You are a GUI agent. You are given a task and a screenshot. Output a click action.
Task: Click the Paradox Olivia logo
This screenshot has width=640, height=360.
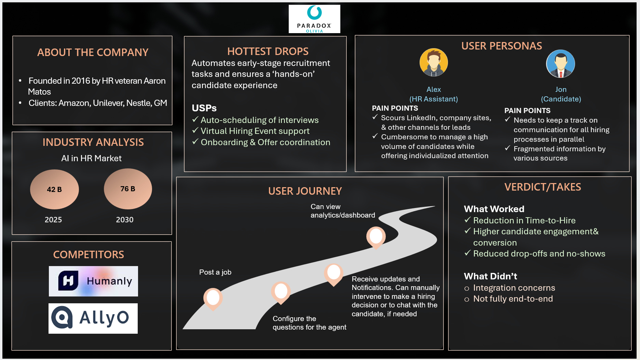(314, 19)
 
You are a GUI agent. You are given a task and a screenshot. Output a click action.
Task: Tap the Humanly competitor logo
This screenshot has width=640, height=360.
(93, 281)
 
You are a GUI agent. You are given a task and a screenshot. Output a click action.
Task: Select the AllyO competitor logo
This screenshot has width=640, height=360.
(93, 318)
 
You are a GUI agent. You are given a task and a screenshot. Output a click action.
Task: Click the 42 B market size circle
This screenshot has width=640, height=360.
(54, 189)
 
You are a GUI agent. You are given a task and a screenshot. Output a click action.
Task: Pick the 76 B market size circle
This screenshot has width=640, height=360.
(128, 189)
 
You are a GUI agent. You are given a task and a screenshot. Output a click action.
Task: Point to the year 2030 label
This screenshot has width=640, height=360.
(124, 220)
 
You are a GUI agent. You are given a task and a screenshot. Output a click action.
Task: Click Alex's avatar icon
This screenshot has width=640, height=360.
(434, 63)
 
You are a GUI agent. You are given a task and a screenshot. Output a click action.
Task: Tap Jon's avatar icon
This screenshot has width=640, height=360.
(560, 64)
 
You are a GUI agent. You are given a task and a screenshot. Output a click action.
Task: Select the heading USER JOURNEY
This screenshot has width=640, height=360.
(305, 191)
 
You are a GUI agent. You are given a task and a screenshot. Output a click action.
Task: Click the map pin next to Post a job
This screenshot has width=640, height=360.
(213, 298)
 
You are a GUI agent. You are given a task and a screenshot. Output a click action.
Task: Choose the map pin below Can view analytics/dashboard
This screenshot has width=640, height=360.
(376, 237)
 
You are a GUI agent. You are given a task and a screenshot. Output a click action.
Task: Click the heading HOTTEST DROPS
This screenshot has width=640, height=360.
(268, 51)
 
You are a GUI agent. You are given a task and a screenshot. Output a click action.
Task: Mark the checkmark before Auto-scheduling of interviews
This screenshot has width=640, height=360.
(195, 120)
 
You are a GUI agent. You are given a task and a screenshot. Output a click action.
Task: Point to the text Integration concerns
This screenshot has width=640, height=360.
(514, 288)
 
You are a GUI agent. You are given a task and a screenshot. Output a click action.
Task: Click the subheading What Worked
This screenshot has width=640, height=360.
(494, 209)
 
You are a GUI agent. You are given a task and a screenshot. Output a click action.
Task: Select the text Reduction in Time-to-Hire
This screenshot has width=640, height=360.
(524, 220)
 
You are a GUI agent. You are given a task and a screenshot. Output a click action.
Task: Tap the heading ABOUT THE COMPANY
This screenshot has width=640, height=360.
(93, 52)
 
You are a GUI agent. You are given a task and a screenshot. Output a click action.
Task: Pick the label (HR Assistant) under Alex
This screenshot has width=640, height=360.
(433, 99)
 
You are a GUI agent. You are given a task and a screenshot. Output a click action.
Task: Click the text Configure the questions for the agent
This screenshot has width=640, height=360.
(309, 323)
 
